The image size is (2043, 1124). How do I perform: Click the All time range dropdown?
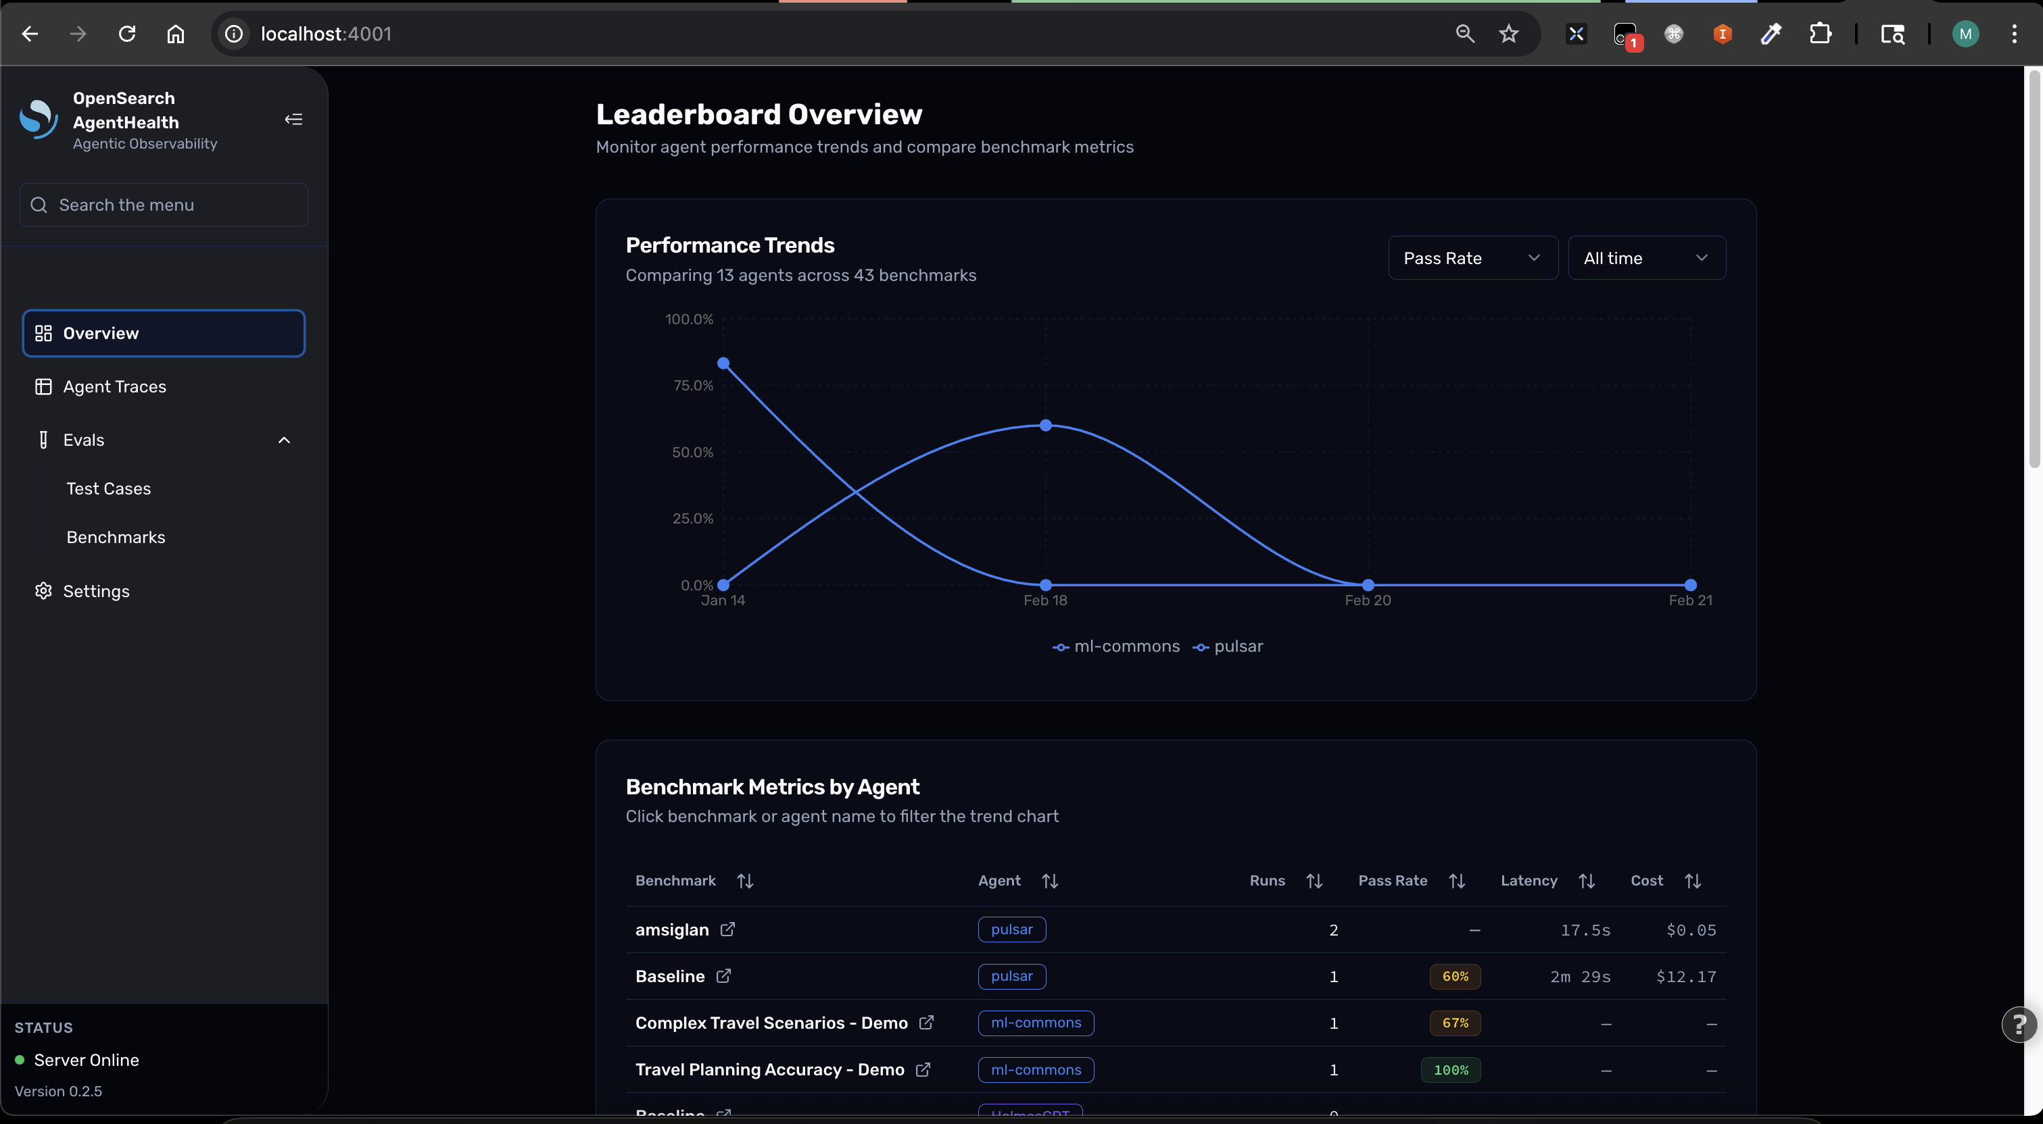pyautogui.click(x=1645, y=257)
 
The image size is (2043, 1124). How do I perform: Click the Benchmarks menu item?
pyautogui.click(x=116, y=538)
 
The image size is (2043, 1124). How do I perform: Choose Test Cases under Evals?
pyautogui.click(x=109, y=489)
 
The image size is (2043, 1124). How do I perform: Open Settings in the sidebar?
pyautogui.click(x=96, y=591)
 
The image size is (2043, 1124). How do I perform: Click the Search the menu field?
pyautogui.click(x=164, y=205)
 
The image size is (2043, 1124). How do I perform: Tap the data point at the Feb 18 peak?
pyautogui.click(x=1045, y=426)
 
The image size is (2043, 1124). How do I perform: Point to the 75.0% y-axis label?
pyautogui.click(x=692, y=386)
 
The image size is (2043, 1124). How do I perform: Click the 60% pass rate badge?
pyautogui.click(x=1455, y=977)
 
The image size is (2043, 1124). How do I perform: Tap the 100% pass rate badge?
pyautogui.click(x=1451, y=1070)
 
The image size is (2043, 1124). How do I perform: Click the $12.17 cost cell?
pyautogui.click(x=1685, y=977)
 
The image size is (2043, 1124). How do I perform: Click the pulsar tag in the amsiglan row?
pyautogui.click(x=1011, y=929)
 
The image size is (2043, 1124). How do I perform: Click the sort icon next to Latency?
pyautogui.click(x=1586, y=882)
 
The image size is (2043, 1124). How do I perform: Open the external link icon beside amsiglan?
pyautogui.click(x=727, y=929)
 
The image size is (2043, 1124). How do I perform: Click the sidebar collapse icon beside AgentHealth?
pyautogui.click(x=293, y=120)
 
